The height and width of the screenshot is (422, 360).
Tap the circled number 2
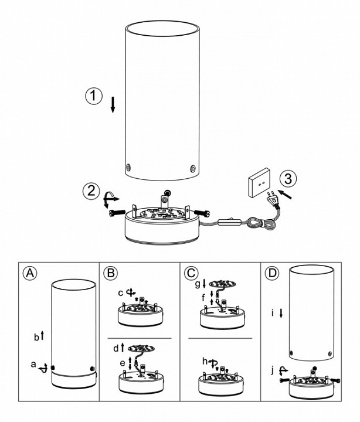[91, 190]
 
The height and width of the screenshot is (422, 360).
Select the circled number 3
[287, 179]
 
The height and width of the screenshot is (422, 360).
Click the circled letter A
[30, 273]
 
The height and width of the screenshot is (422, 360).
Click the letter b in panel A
[36, 337]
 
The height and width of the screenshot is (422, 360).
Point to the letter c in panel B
[119, 291]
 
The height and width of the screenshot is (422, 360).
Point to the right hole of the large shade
[193, 168]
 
